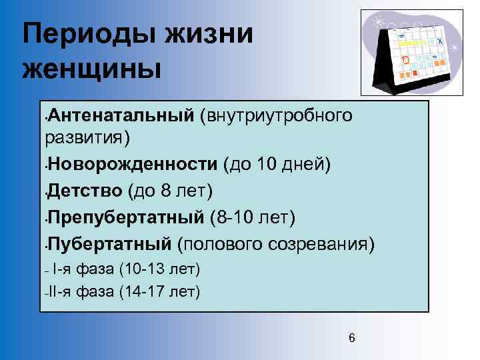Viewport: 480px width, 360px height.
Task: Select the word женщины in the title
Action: [x=92, y=68]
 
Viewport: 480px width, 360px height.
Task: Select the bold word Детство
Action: [x=85, y=191]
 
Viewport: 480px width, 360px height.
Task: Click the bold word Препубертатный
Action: [x=125, y=217]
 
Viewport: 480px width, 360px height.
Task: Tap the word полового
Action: [x=221, y=244]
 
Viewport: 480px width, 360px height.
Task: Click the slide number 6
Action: [x=352, y=339]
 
